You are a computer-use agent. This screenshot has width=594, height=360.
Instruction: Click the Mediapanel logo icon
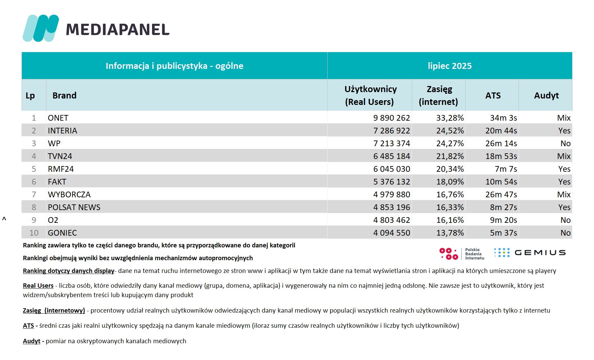click(41, 28)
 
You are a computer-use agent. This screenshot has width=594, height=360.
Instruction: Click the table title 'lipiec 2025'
click(450, 66)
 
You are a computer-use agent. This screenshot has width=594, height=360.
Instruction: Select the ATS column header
click(493, 95)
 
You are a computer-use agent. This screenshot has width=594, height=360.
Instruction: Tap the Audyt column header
click(546, 95)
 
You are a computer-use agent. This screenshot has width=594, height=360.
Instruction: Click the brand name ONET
click(58, 118)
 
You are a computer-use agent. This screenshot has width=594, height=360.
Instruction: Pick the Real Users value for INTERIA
click(392, 131)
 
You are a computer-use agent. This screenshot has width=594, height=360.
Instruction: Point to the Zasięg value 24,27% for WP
click(450, 144)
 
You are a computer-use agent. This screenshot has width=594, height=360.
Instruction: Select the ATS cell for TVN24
click(501, 156)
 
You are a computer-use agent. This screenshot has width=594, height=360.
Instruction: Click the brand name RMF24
click(61, 169)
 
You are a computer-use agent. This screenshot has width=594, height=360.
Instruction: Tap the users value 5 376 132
click(392, 182)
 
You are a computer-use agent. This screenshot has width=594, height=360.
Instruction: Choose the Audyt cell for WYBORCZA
click(564, 195)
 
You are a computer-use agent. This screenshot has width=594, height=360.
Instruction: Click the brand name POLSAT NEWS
click(74, 207)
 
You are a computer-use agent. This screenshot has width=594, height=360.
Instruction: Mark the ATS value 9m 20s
click(504, 220)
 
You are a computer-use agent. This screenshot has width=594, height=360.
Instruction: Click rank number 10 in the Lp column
click(34, 233)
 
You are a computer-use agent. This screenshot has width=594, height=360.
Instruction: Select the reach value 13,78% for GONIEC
click(450, 233)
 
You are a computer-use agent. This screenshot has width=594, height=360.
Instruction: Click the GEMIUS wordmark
click(540, 253)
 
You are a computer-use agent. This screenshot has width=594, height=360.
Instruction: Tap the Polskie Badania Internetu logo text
click(475, 254)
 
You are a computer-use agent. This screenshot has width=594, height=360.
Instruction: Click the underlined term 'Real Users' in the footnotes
click(38, 286)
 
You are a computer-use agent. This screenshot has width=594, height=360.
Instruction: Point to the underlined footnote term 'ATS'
click(28, 326)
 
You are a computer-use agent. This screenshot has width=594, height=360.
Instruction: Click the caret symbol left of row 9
click(4, 219)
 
